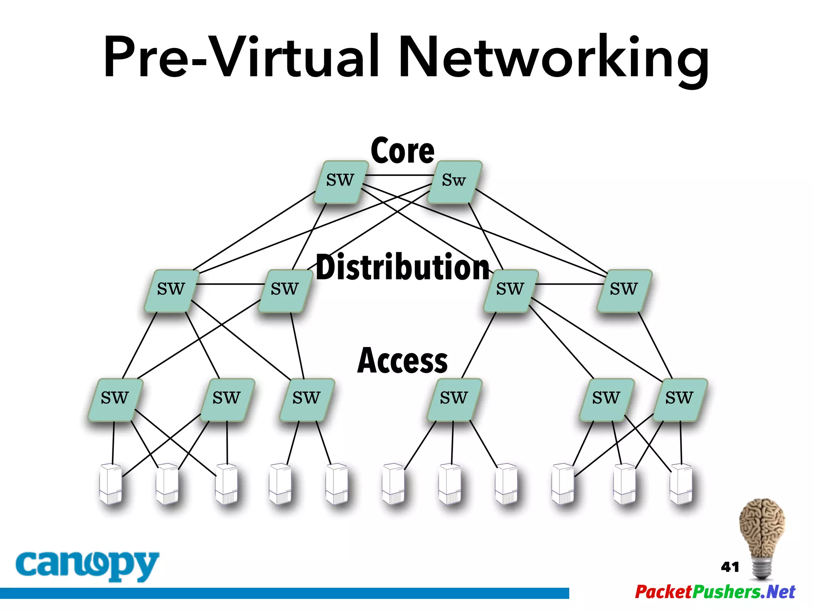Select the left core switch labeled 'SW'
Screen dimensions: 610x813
point(340,181)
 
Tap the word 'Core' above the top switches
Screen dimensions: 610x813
point(403,151)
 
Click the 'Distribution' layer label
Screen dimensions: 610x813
point(403,267)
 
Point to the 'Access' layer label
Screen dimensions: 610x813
point(403,360)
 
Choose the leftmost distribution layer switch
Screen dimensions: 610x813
point(171,290)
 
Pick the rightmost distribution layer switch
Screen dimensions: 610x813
point(624,290)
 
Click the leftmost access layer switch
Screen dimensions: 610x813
point(115,399)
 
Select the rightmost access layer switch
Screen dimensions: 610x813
point(680,399)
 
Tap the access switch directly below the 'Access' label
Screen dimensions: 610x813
point(454,399)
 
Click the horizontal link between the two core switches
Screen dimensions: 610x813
point(399,175)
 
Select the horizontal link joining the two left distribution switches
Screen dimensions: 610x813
point(230,284)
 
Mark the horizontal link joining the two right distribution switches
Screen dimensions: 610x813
point(570,284)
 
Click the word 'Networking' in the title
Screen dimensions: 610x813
point(554,58)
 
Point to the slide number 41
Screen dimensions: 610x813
point(730,567)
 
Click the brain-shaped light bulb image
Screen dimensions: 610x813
point(761,538)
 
